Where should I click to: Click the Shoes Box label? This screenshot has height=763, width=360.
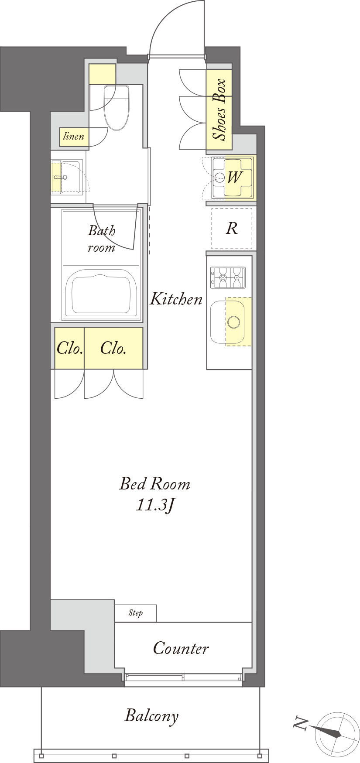[219, 109]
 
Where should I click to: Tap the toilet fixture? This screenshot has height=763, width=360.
[117, 107]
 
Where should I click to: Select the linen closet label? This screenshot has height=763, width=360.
[74, 137]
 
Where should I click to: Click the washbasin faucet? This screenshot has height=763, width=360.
[61, 177]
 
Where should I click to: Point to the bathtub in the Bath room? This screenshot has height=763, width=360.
[101, 294]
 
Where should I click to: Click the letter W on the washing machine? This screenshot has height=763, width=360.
[234, 177]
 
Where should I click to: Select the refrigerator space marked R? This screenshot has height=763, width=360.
[232, 228]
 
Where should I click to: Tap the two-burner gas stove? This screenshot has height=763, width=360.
[228, 277]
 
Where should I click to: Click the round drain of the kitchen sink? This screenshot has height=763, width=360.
[233, 322]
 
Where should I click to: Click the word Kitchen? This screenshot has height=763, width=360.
[176, 299]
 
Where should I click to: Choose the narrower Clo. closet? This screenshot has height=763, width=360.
[69, 348]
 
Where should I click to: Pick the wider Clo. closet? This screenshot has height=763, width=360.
[113, 348]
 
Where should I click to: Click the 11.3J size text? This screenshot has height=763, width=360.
[156, 505]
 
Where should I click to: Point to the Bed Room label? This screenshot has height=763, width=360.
[155, 483]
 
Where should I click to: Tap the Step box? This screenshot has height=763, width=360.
[135, 613]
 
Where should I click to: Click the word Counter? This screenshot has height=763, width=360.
[181, 648]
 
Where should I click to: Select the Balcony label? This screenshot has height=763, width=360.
[151, 716]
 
